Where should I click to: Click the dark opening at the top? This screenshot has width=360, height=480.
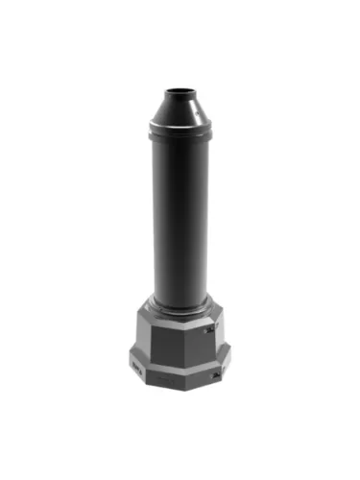point(178,93)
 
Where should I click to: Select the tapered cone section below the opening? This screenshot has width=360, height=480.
point(178,110)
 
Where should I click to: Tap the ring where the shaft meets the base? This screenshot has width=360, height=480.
point(180,305)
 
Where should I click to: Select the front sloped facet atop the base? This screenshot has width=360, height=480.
point(178,319)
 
